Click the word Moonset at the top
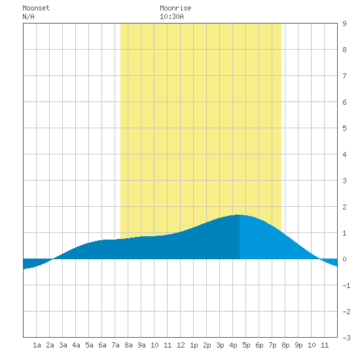point(36,8)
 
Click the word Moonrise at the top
point(175,8)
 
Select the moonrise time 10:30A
point(171,16)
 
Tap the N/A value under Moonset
point(28,16)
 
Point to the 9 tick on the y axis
point(344,24)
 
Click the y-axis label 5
point(344,128)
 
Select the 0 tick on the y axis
point(344,259)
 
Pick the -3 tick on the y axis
point(346,338)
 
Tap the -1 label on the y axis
point(346,285)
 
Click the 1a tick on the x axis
point(37,345)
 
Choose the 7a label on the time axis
point(115,345)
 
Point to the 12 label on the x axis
point(181,345)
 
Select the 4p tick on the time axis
point(233,345)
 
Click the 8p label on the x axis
point(285,345)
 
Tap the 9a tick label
point(141,345)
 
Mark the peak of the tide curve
point(239,215)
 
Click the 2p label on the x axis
point(207,345)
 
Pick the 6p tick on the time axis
point(259,345)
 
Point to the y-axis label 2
point(344,207)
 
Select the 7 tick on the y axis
point(344,76)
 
